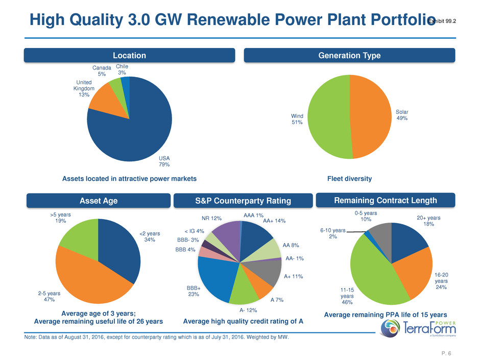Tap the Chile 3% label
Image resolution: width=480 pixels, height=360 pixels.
[122, 70]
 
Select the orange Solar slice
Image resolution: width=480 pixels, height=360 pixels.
[375, 116]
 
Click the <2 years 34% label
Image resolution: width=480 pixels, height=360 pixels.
[150, 236]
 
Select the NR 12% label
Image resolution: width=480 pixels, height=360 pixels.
[212, 219]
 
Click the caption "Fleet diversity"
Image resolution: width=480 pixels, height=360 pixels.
[349, 179]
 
